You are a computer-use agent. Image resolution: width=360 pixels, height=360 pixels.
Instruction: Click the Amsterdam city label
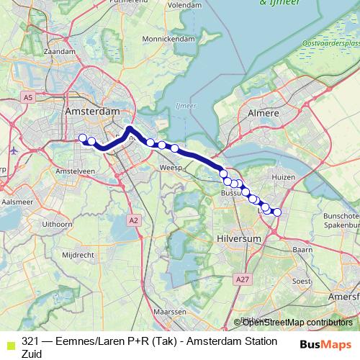pyautogui.click(x=91, y=112)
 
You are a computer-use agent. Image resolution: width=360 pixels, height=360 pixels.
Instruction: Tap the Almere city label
pyautogui.click(x=263, y=114)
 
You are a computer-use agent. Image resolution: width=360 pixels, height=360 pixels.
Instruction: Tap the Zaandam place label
pyautogui.click(x=59, y=52)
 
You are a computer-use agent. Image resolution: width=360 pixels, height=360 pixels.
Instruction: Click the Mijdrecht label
pyautogui.click(x=74, y=255)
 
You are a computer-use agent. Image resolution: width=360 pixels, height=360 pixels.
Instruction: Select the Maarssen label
pyautogui.click(x=170, y=312)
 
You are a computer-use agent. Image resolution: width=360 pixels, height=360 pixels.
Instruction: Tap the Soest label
pyautogui.click(x=300, y=281)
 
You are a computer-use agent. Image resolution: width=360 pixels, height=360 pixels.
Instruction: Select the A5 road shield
pyautogui.click(x=27, y=96)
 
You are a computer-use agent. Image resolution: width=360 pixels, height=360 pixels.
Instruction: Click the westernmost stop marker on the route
pyautogui.click(x=82, y=138)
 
